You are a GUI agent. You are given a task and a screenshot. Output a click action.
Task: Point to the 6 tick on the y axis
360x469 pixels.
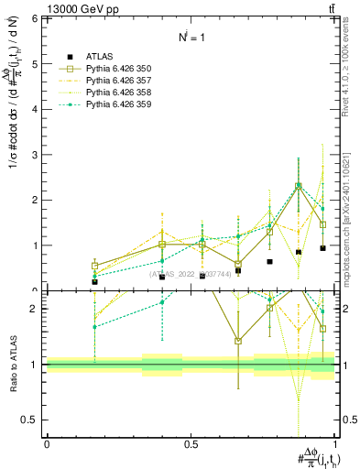pos(36,18)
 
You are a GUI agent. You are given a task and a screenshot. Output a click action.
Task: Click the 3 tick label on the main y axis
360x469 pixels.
pos(36,155)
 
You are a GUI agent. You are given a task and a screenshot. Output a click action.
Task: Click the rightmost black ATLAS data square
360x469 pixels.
pos(322,248)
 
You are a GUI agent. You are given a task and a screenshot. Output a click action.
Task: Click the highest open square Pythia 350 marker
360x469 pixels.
pos(298,186)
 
